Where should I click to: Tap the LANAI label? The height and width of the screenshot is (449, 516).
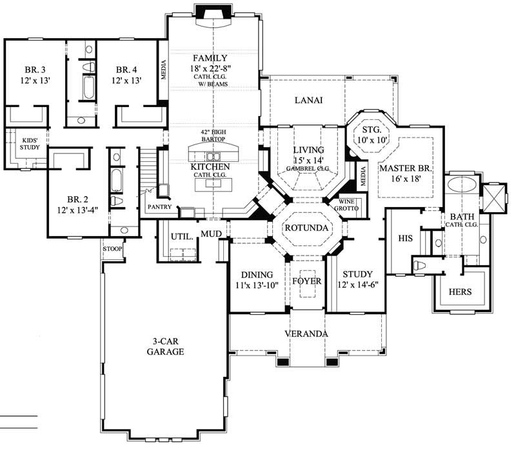coord(308,100)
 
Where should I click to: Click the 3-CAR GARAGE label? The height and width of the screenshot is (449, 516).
coord(165,346)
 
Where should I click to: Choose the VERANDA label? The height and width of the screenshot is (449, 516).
coord(308,334)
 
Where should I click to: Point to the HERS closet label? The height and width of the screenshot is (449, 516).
coord(461,292)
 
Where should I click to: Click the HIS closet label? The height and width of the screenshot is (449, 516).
coord(405,239)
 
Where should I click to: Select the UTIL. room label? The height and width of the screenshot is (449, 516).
coord(181,237)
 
